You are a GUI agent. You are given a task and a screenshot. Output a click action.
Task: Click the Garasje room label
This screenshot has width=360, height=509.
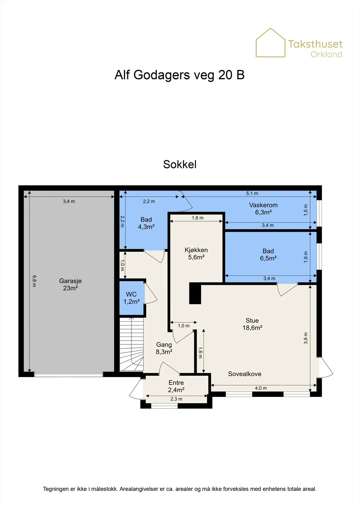[x=70, y=284]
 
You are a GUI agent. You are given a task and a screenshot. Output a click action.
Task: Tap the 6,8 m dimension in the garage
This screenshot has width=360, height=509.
[x=34, y=281]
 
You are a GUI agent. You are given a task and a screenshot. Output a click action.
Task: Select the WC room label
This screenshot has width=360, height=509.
[x=131, y=298]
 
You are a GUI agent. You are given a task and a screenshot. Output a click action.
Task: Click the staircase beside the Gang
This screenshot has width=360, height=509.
[x=131, y=344]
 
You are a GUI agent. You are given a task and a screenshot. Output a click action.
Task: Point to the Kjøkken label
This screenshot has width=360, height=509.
[x=196, y=253]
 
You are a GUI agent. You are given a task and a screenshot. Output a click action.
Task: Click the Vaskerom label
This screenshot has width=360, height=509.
[x=263, y=208]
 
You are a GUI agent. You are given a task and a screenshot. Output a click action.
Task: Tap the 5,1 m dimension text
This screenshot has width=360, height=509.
[x=252, y=193]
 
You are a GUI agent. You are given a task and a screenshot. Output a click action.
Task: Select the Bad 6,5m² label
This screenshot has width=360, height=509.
[x=268, y=254]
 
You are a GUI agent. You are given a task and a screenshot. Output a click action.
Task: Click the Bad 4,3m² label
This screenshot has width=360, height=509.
[x=146, y=223]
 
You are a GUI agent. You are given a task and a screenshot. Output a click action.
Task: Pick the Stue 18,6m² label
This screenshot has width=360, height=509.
[x=252, y=324]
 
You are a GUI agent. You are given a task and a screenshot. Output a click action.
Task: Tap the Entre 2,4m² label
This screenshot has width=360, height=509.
[x=176, y=386]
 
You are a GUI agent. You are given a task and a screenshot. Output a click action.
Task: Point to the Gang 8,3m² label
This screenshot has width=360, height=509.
[x=164, y=348]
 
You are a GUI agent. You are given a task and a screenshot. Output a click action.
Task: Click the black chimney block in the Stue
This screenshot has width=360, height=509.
[x=195, y=293]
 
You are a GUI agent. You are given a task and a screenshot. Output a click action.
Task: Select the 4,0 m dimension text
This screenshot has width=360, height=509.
[x=261, y=388]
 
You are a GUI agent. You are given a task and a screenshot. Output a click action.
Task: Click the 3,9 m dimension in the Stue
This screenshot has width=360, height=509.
[x=306, y=338]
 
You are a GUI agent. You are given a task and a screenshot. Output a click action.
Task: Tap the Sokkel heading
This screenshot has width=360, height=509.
[x=180, y=164]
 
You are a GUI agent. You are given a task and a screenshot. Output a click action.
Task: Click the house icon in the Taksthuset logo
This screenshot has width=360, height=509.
[x=271, y=43]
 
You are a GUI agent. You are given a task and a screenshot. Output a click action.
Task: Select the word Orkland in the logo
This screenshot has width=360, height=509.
[x=326, y=54]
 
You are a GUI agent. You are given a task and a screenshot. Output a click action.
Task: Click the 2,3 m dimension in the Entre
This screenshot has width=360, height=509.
[x=176, y=399]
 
